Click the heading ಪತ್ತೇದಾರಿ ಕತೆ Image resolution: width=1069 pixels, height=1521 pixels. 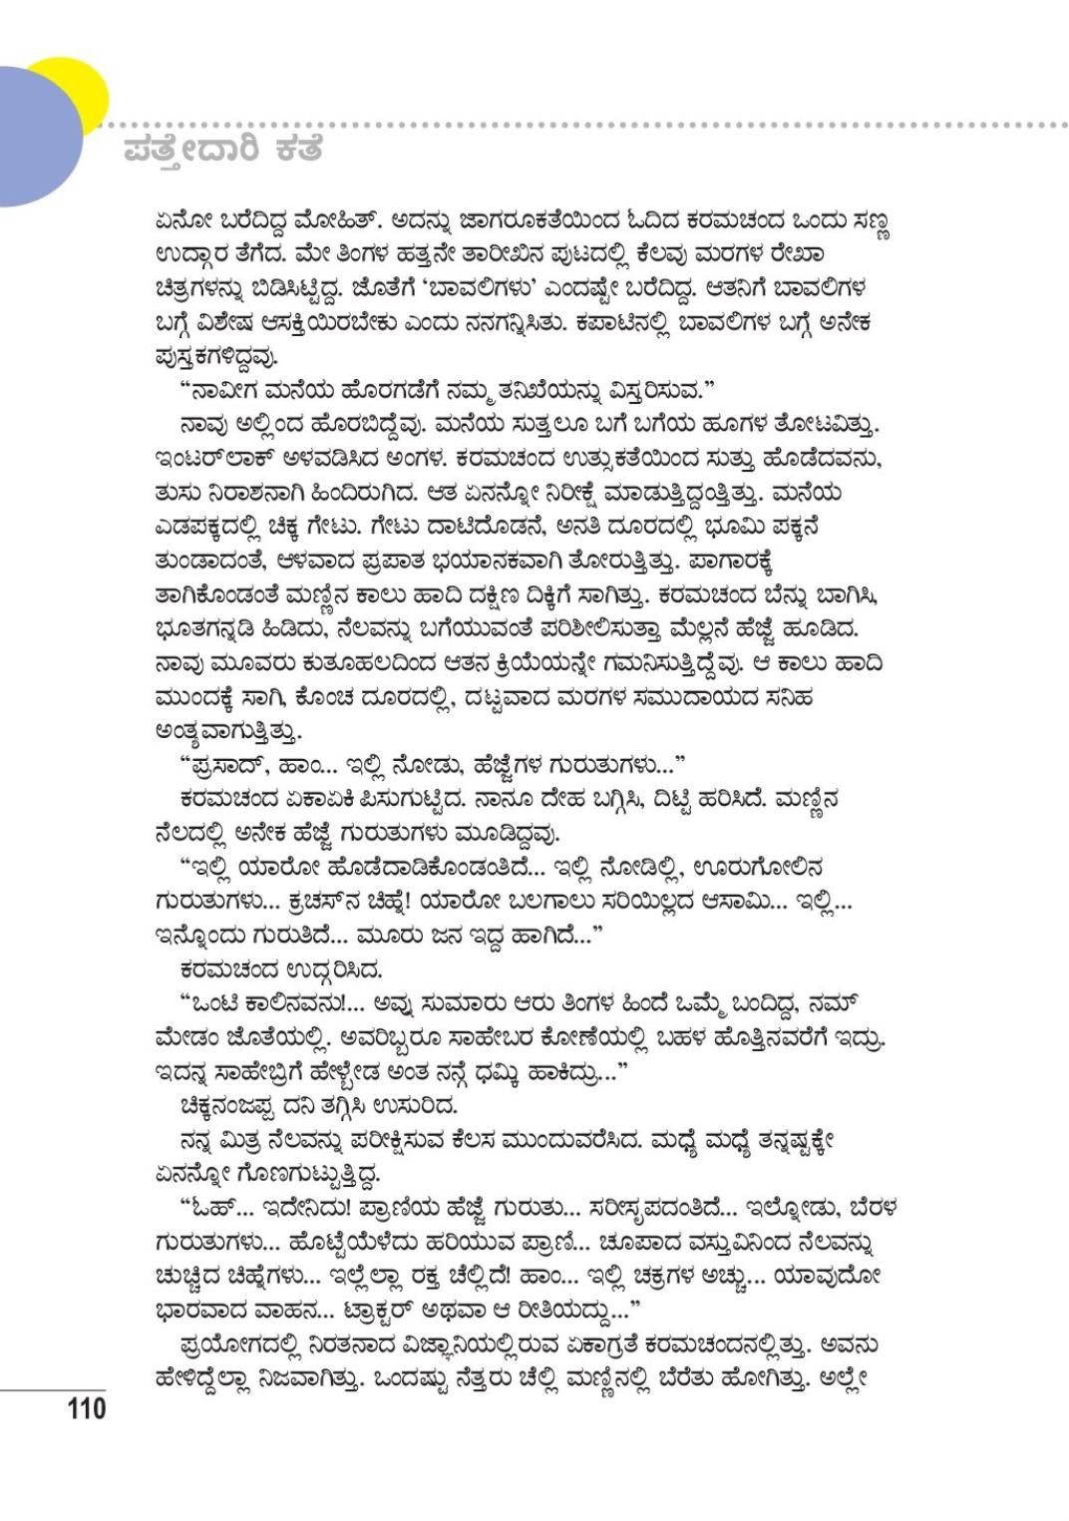223,153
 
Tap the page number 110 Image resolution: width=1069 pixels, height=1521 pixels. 86,1408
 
